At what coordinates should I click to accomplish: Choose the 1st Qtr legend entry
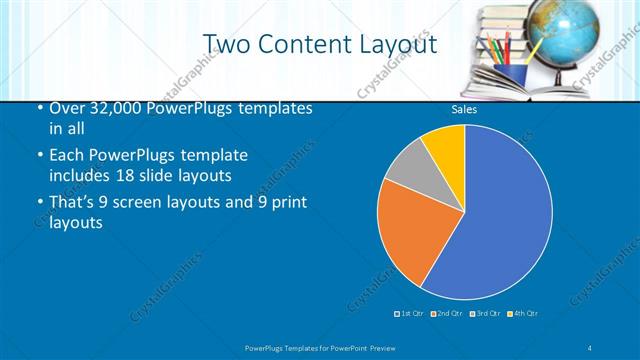coord(410,314)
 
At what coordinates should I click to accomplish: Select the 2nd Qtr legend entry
coord(447,314)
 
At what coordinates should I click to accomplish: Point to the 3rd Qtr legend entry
coord(486,314)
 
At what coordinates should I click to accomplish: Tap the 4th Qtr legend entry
coord(523,314)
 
